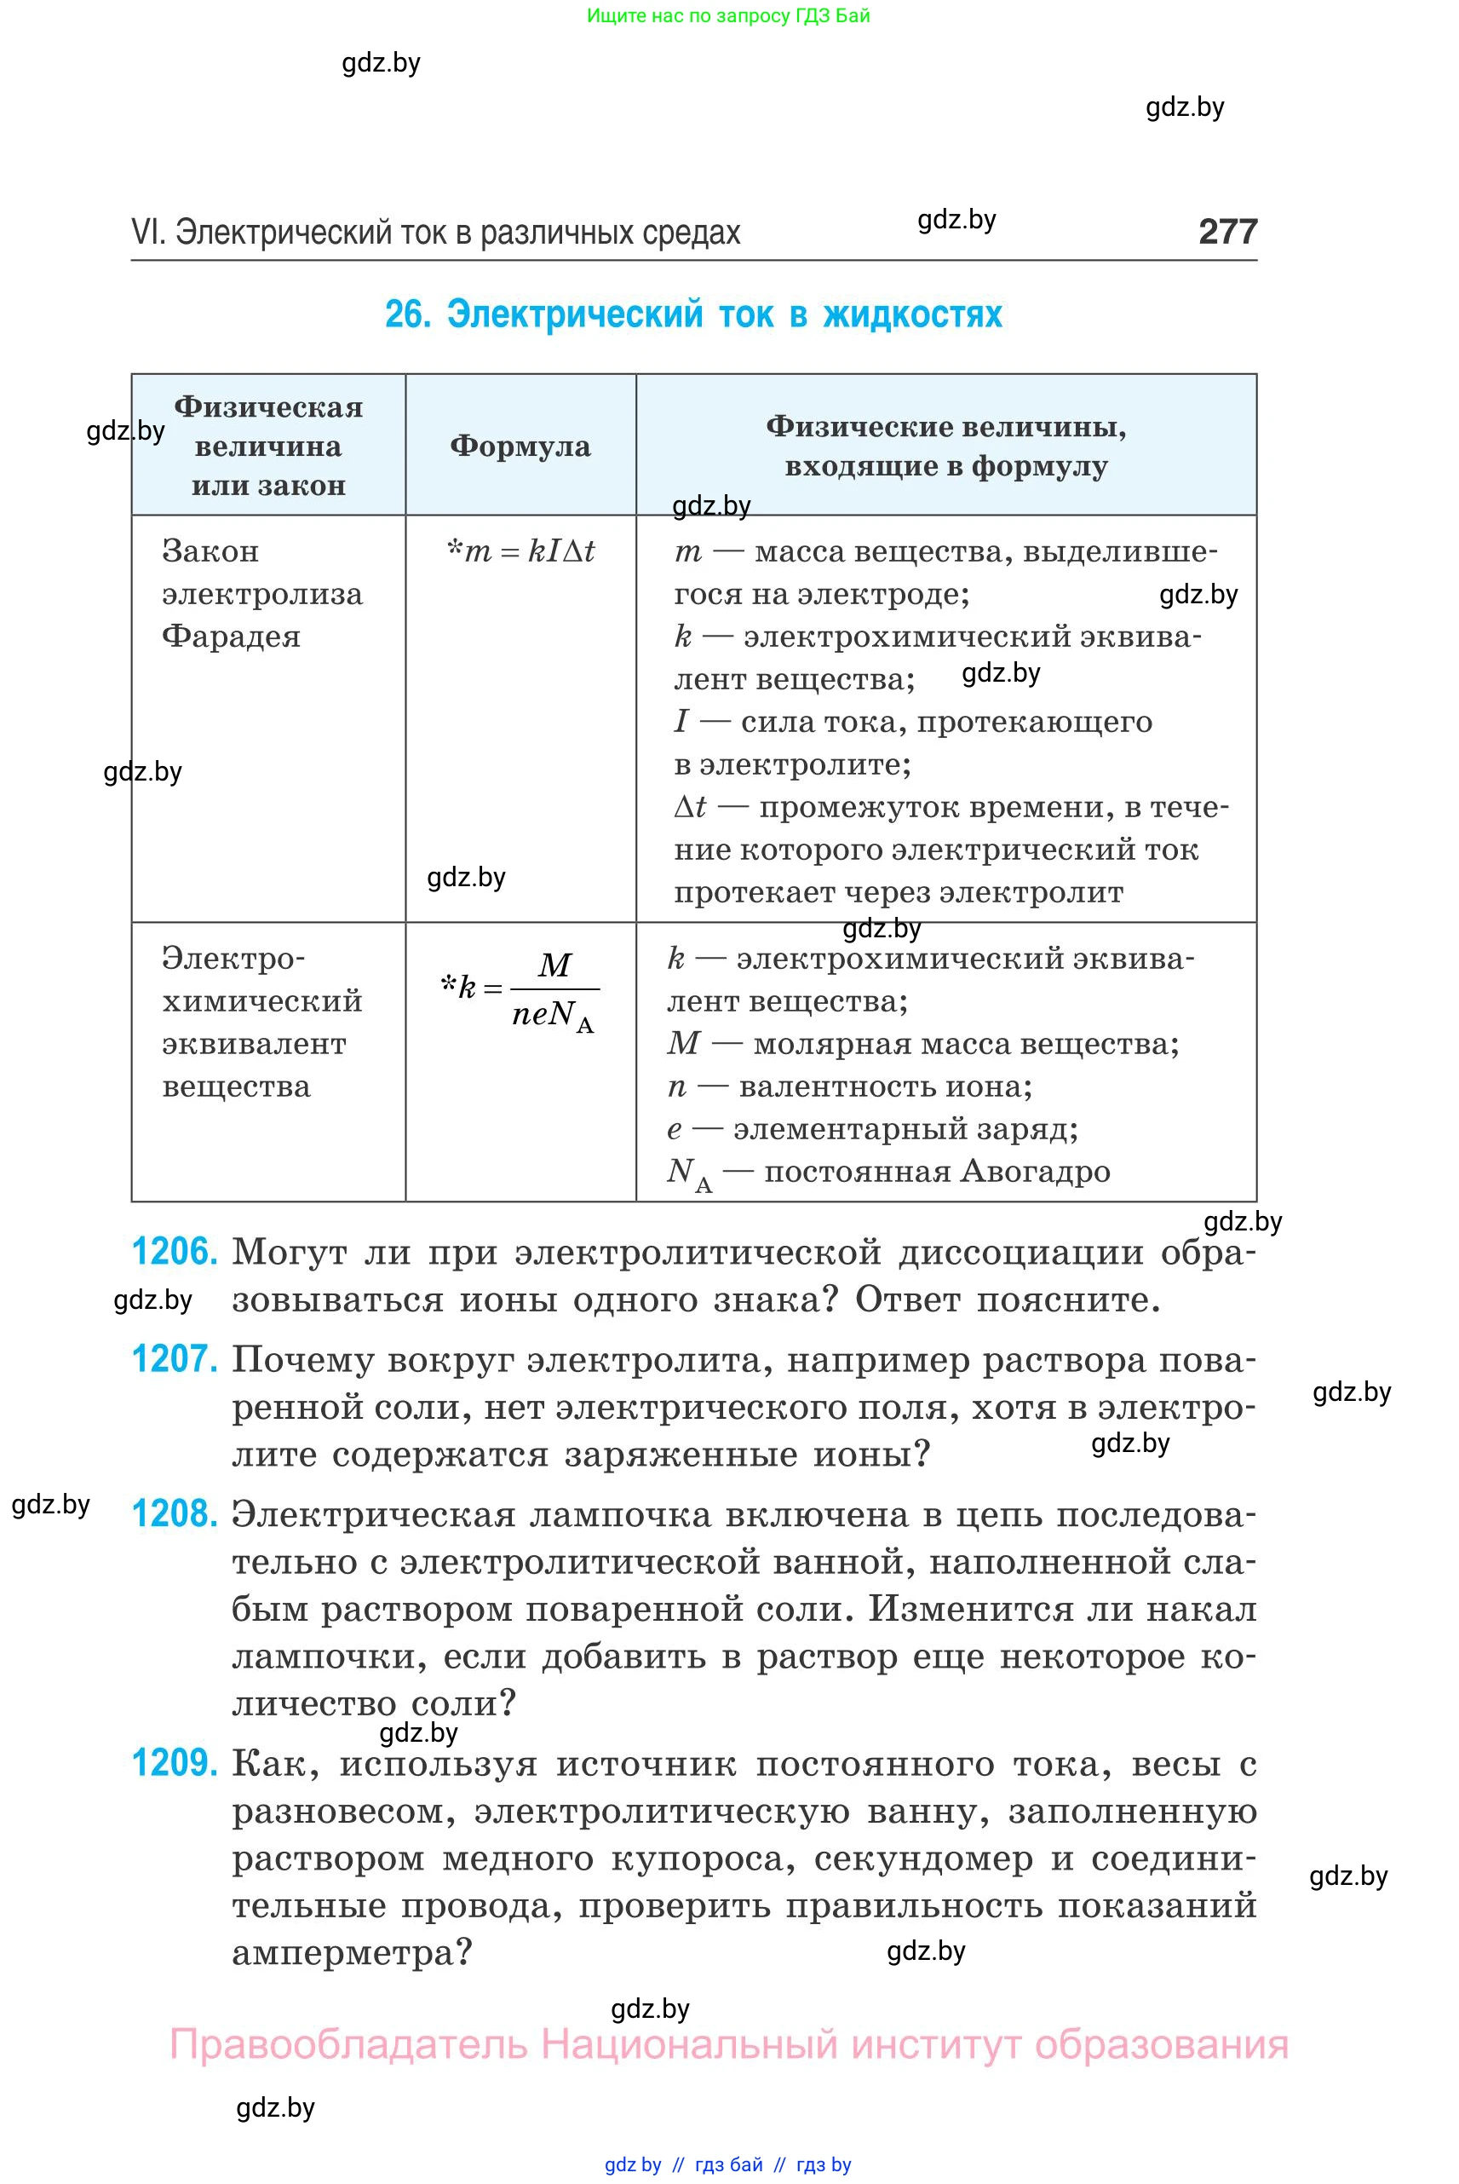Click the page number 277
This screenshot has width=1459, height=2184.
[x=1227, y=231]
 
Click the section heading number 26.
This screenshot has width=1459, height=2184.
[x=408, y=314]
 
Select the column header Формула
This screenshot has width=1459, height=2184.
[x=520, y=446]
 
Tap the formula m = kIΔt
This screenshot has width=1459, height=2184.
[x=521, y=551]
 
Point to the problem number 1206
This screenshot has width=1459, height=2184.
[x=175, y=1251]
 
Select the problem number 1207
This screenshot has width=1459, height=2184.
[x=175, y=1359]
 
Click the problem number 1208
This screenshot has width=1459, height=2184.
[x=175, y=1513]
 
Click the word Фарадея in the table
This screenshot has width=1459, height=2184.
[x=231, y=637]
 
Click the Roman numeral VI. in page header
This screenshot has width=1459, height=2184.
[x=148, y=232]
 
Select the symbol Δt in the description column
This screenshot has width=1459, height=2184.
[x=690, y=807]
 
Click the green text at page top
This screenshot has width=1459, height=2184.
[x=727, y=16]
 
